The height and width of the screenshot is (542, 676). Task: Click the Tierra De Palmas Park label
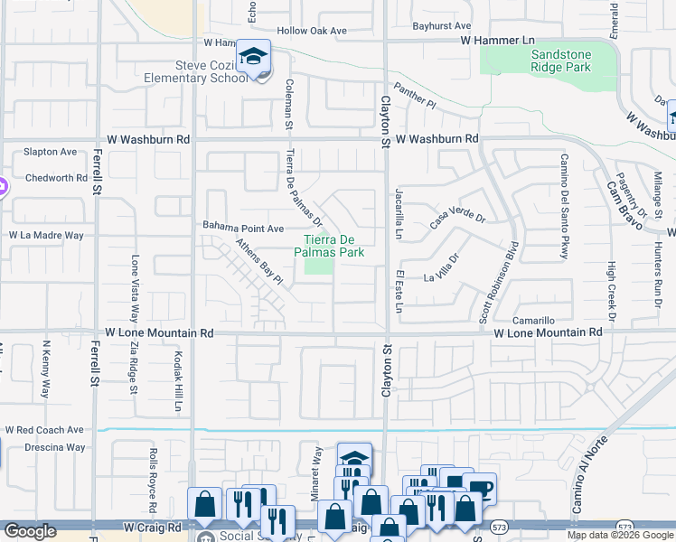click(333, 246)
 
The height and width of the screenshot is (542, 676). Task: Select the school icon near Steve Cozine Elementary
click(255, 57)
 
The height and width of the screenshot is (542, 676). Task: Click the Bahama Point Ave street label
click(243, 228)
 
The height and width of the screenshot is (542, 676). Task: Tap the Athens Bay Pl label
click(260, 263)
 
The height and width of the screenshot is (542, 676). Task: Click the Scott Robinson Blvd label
click(499, 281)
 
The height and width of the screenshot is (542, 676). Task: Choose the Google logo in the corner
click(30, 531)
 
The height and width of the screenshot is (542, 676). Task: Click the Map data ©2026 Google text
click(620, 535)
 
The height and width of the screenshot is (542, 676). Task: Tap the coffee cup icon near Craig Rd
click(479, 489)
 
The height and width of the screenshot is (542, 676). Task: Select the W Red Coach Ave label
click(44, 430)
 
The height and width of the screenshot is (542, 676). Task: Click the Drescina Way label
click(44, 447)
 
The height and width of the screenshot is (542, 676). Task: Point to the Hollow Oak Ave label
click(312, 31)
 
